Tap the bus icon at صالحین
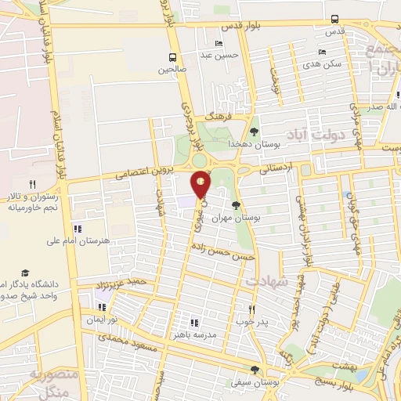click(x=172, y=57)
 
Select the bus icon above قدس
click(x=334, y=19)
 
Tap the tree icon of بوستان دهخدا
click(x=254, y=132)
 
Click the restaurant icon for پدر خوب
click(x=251, y=309)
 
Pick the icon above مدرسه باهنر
click(x=194, y=322)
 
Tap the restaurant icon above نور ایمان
click(x=101, y=307)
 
